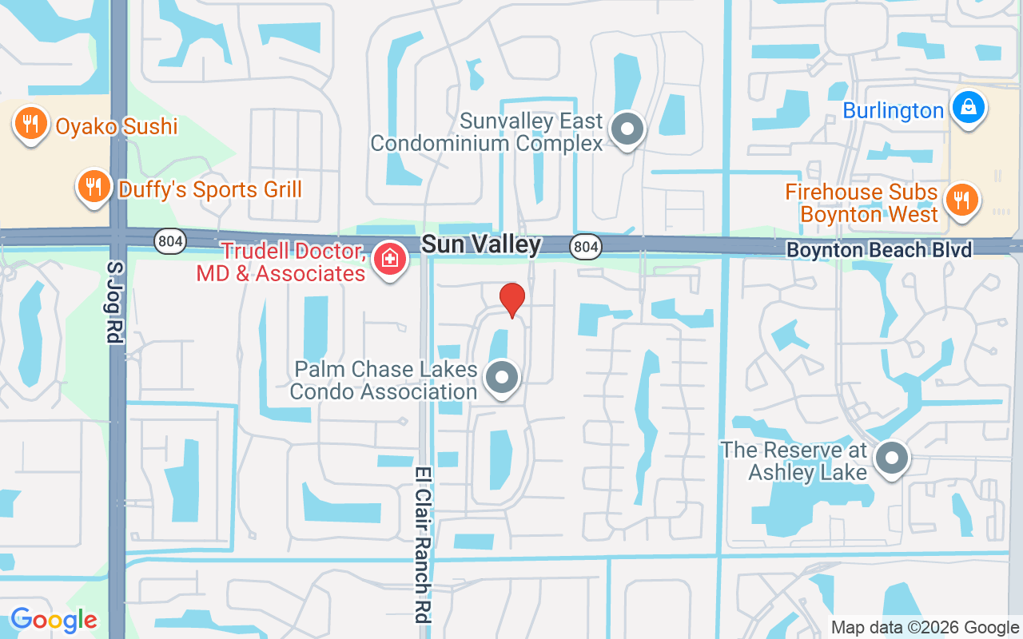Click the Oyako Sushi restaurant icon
[x=30, y=125]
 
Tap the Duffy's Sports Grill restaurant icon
[x=94, y=187]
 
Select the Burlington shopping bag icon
[x=968, y=106]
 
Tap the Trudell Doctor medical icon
[x=389, y=259]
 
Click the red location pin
[x=511, y=300]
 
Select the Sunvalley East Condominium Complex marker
[x=627, y=129]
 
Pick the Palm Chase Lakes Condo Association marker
[x=502, y=378]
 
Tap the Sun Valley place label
[x=481, y=244]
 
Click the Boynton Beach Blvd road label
[x=879, y=250]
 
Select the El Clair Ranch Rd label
[x=422, y=545]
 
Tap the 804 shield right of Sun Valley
[x=586, y=247]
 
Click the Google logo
[x=54, y=619]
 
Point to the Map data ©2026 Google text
[x=925, y=628]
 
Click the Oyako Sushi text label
[x=117, y=125]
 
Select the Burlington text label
[x=894, y=111]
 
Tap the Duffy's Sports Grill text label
[x=210, y=189]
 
